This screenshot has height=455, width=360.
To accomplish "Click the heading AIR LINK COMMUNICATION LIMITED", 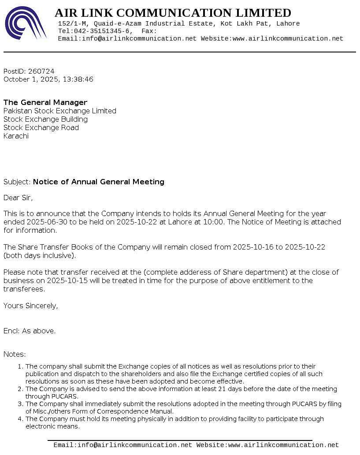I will pos(173,13).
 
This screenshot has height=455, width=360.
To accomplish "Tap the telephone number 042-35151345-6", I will pos(100,31).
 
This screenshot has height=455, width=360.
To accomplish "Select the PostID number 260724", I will pos(41,71).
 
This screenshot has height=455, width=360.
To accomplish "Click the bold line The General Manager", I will pos(45,102).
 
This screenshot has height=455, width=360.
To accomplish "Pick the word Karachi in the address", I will pos(16,136).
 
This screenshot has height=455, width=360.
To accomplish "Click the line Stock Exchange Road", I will pos(41,127).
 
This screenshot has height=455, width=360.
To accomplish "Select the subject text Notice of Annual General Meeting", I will pos(99,182).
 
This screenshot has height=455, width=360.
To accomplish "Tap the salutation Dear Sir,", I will pos(18,198).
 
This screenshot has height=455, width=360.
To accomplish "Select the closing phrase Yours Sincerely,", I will pos(30,306).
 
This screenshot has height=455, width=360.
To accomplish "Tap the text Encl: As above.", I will pos(30,331).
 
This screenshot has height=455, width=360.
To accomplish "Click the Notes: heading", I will pos(15,354).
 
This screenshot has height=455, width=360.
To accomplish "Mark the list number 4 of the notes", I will pos(20,419).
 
